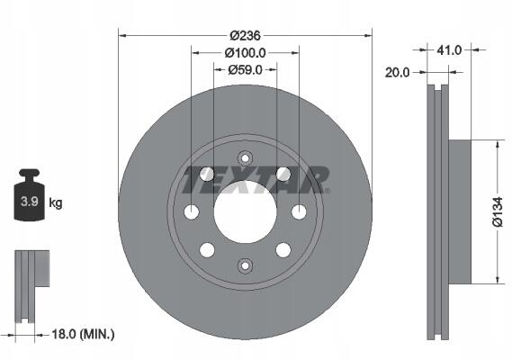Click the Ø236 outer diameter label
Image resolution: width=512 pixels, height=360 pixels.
245,35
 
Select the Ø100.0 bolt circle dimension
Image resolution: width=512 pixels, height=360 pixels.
245,52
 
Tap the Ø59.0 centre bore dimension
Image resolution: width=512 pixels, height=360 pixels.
245,69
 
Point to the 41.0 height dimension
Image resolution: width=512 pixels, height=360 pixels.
449,50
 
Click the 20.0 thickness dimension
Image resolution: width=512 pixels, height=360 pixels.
397,73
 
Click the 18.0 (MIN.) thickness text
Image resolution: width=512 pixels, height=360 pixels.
84,334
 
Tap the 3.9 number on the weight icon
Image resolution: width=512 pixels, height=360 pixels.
30,202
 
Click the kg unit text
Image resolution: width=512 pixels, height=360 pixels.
56,202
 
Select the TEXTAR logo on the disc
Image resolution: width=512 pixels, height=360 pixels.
256,179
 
